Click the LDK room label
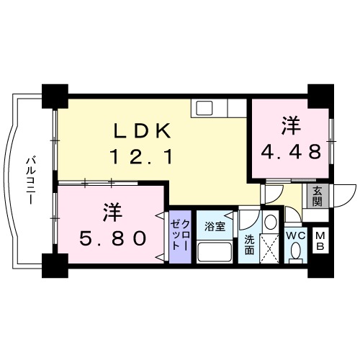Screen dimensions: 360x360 [x=141, y=131]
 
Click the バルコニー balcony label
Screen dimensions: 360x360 [x=31, y=180]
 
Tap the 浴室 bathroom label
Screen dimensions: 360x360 [x=215, y=226]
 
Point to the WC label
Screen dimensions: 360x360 [x=296, y=236]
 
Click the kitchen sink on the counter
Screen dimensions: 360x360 [x=204, y=109]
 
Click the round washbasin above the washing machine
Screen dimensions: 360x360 [x=270, y=221]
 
